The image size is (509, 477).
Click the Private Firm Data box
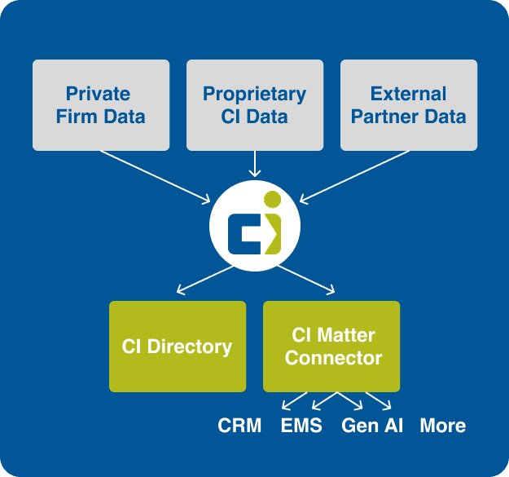(101, 104)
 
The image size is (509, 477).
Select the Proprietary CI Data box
(254, 104)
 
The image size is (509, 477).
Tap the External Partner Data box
(408, 104)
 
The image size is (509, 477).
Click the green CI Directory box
(178, 347)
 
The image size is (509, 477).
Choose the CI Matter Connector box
(331, 347)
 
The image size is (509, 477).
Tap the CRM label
(239, 426)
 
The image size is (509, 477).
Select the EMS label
(301, 426)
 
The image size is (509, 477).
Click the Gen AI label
(372, 426)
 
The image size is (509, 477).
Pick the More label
(443, 426)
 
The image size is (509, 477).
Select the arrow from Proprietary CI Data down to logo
(255, 163)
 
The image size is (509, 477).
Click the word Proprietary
(254, 93)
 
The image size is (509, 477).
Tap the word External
(408, 93)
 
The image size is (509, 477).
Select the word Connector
(333, 358)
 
